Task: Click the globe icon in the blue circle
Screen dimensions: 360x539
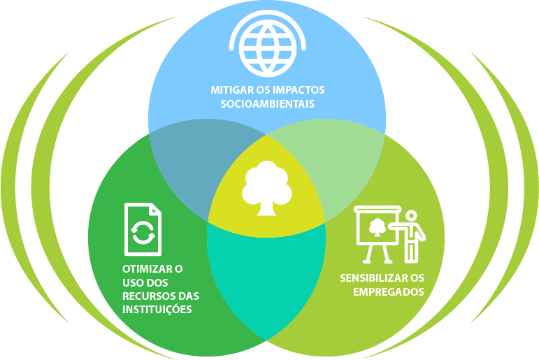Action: click(266, 44)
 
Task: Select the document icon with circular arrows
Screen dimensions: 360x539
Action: click(142, 229)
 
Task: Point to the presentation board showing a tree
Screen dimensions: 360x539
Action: click(377, 226)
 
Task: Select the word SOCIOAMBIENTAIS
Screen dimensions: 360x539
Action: click(266, 104)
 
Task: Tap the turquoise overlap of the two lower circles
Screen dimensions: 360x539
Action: click(266, 280)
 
